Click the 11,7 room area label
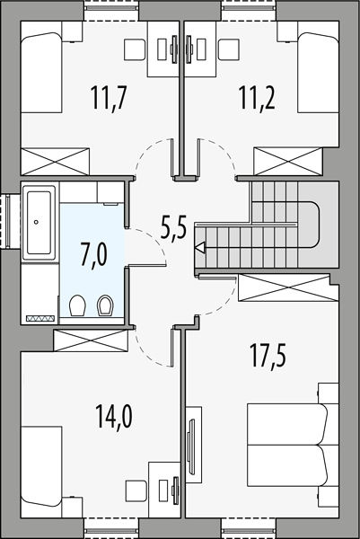coord(110,98)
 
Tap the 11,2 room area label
coord(257,98)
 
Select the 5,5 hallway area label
coord(173,227)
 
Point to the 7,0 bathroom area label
coord(93,253)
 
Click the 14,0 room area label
coord(114,416)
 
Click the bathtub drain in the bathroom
coord(36,222)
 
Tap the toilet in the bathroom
coord(77,305)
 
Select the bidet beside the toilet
coord(105,305)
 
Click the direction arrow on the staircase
coord(199,247)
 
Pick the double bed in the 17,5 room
coord(288,446)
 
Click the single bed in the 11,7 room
coord(41,73)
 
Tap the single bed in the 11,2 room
coord(318,73)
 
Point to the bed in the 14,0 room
coord(41,466)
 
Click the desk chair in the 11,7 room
coord(135,50)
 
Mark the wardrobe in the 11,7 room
coord(55,161)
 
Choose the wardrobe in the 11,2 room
coord(288,161)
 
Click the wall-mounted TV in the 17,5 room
coord(190,445)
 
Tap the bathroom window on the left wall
coord(6,221)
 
